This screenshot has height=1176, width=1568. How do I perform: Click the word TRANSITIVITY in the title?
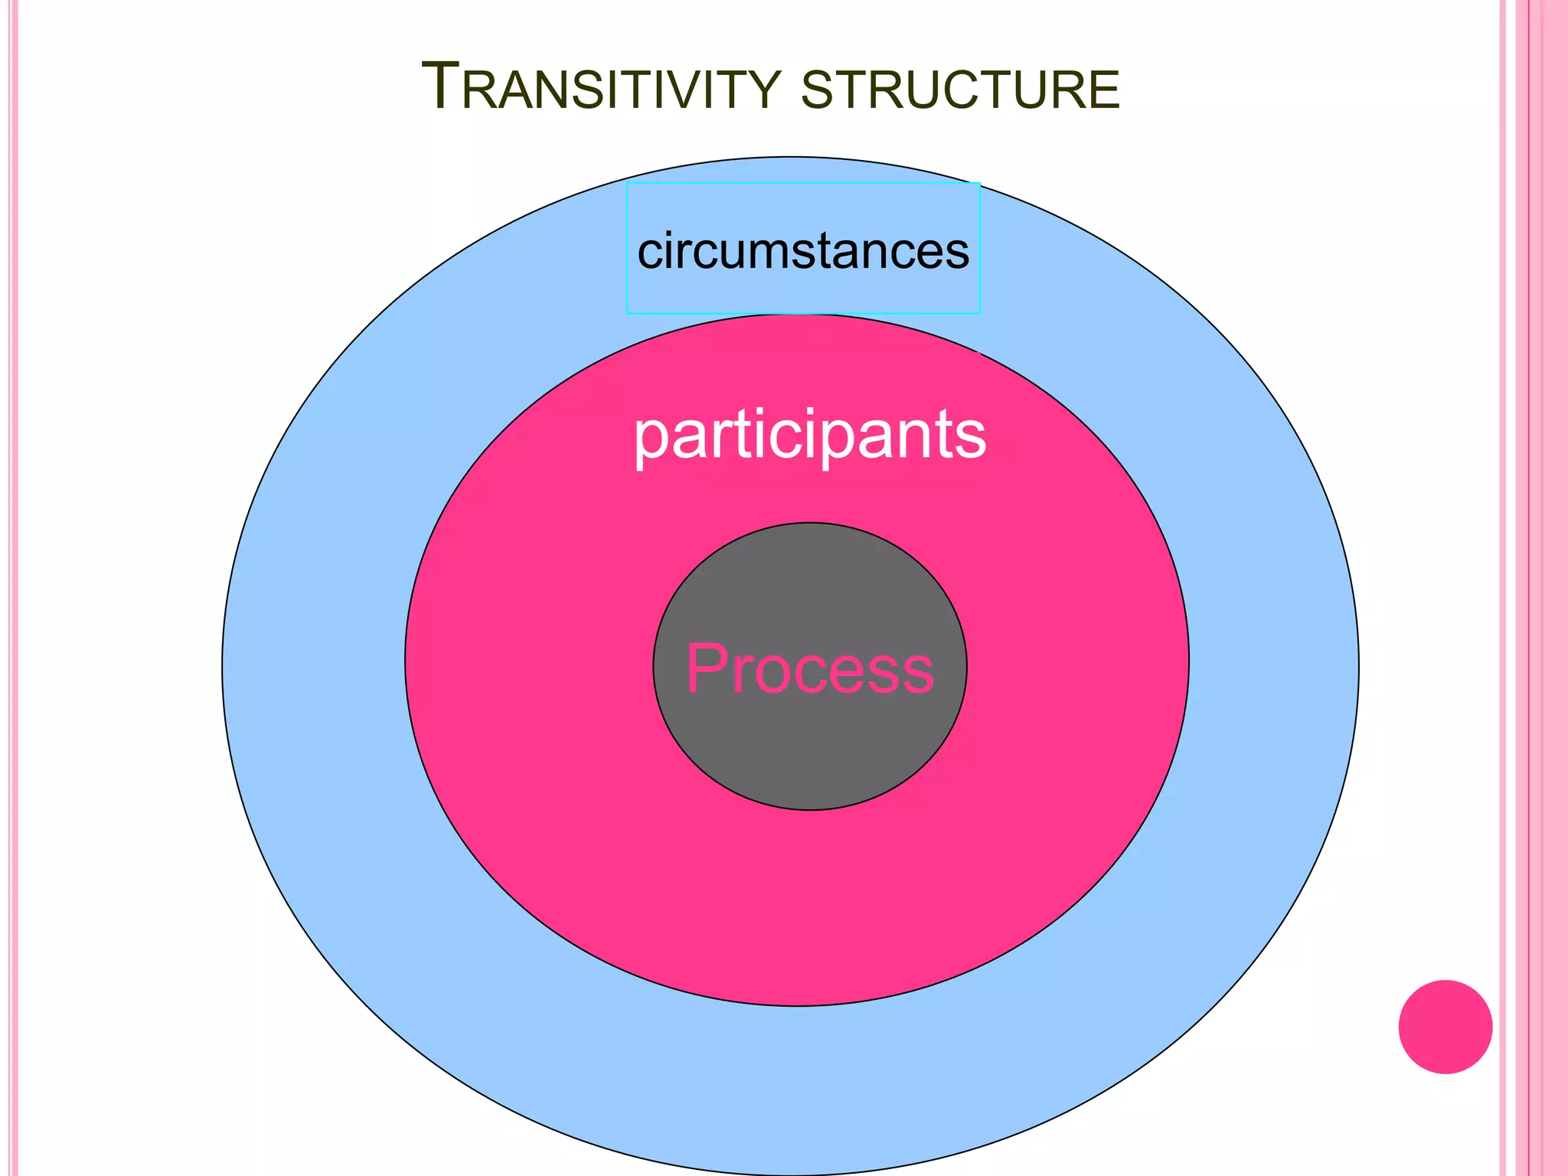(601, 89)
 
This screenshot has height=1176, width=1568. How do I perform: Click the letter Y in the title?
(766, 90)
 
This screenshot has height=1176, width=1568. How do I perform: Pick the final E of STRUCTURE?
(1103, 90)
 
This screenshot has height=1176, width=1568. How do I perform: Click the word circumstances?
(803, 251)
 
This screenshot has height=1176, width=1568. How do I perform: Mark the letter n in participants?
(923, 436)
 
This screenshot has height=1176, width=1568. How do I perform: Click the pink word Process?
(810, 668)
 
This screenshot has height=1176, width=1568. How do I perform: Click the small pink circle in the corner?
(1445, 1027)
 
